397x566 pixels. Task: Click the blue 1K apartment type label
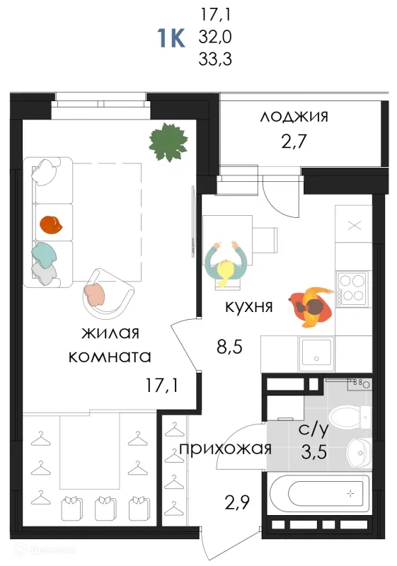tap(171, 38)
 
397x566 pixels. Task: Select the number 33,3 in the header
tap(214, 59)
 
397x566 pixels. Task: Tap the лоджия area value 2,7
tap(294, 141)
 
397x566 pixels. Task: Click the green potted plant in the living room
tap(168, 142)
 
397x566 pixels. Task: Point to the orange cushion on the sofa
tap(51, 224)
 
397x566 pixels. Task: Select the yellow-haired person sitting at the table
tap(226, 262)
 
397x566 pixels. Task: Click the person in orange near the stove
tap(311, 307)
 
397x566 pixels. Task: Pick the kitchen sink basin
tap(316, 354)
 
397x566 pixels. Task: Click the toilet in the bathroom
tap(350, 418)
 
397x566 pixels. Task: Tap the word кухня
tap(249, 307)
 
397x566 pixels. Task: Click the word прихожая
tap(226, 449)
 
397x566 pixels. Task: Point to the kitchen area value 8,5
tap(229, 347)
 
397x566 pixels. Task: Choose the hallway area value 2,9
tap(237, 502)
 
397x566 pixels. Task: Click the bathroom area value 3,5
tap(314, 451)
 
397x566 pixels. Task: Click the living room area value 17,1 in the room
tap(161, 386)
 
